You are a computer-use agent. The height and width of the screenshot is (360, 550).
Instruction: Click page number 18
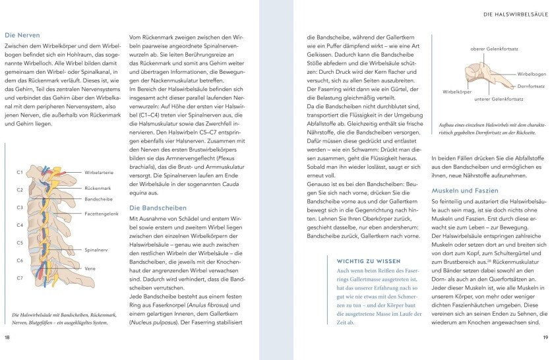[x=7, y=338]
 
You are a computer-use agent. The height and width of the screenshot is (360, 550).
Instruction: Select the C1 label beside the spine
[x=20, y=173]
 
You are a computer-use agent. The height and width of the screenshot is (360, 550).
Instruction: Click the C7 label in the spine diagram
[x=20, y=278]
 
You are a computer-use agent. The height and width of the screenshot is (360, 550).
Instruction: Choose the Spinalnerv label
[x=97, y=251]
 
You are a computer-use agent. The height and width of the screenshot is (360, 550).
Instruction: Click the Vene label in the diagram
[x=90, y=268]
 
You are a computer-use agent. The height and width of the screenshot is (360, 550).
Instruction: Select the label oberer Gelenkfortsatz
[x=494, y=49]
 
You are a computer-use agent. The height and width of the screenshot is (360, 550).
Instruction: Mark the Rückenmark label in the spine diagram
[x=98, y=188]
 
